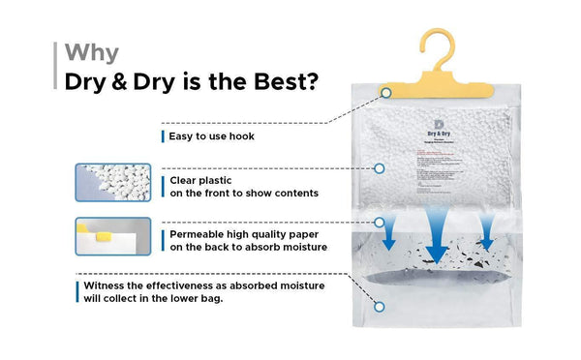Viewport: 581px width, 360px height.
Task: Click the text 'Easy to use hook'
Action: (211, 136)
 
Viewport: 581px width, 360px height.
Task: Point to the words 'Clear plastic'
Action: (202, 180)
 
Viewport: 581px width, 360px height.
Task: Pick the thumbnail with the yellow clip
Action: (113, 236)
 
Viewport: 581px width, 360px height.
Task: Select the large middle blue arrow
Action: (438, 237)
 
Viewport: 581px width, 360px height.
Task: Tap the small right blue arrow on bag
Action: (487, 233)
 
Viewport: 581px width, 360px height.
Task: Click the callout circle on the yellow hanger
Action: (385, 92)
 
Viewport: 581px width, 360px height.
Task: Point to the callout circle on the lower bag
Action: (381, 307)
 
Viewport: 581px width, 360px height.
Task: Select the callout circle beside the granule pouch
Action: (380, 168)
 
